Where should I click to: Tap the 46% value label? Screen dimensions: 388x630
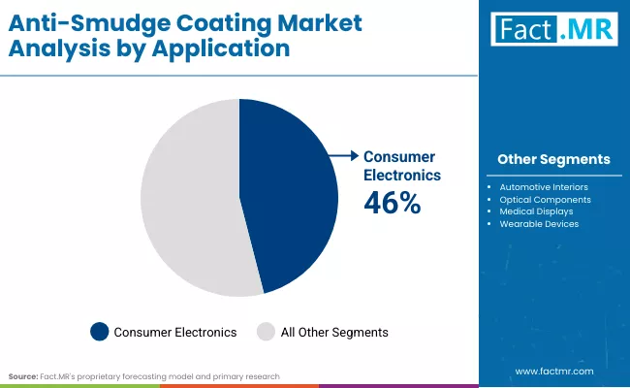tap(392, 203)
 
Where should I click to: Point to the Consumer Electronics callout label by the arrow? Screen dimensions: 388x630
tap(401, 166)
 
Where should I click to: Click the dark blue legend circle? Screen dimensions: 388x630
tap(99, 332)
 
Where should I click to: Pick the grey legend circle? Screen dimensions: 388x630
tap(266, 332)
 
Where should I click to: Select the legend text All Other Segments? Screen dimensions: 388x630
tap(334, 332)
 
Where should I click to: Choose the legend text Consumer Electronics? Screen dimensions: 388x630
tap(175, 332)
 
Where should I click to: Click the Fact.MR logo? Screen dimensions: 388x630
tap(552, 30)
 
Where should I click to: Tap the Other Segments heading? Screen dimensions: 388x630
tap(553, 159)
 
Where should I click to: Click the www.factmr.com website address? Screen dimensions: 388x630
tap(553, 372)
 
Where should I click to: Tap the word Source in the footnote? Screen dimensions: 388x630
tap(23, 375)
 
